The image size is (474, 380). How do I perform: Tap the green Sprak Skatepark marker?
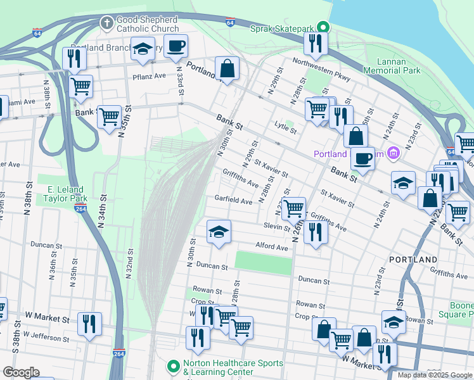pos(324,28)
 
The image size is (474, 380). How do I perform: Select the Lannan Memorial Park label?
pos(400,66)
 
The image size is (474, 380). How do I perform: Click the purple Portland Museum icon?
pos(394,153)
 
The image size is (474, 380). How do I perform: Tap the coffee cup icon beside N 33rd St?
pos(176,46)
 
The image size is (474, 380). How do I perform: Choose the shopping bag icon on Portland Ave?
pos(226,68)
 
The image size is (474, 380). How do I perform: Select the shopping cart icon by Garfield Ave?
pos(293,208)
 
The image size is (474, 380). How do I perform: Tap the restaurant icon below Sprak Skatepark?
pos(314,44)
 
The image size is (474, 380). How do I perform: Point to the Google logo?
pos(21,372)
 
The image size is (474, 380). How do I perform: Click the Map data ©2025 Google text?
pos(434,375)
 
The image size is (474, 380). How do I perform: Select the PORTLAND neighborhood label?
pos(413,260)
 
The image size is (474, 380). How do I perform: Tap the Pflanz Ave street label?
pos(150,75)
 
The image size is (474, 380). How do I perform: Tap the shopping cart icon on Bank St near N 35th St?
pos(109,117)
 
